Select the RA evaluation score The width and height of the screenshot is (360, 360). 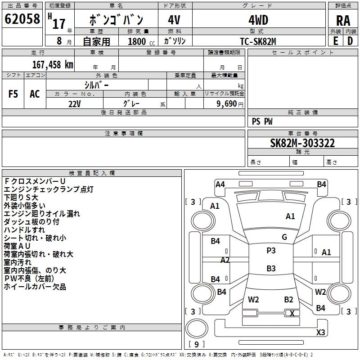pos(343,21)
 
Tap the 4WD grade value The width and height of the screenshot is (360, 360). pos(258,20)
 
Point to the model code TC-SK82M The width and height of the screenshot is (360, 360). pos(258,41)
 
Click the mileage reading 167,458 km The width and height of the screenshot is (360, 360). pos(53,65)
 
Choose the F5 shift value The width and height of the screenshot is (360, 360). pos(13,94)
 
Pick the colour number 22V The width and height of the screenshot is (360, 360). pos(75,103)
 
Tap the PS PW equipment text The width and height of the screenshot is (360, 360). pos(262,121)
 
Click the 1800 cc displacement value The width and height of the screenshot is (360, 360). pos(138,41)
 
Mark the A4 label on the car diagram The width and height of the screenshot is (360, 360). pos(220,184)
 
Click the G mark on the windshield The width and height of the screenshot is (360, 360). pos(284,237)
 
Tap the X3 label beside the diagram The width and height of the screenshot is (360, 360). pos(321,332)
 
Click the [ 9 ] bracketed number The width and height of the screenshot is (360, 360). pos(197,344)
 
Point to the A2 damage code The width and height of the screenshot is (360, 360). pos(225,260)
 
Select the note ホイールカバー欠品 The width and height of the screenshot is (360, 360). pos(35,287)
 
